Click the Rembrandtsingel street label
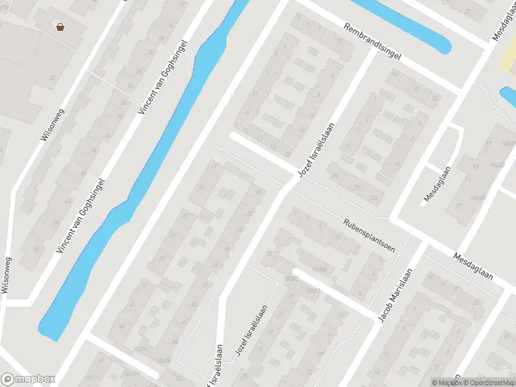[372, 42]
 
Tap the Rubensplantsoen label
[368, 232]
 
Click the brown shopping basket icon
[61, 27]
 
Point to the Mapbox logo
[28, 379]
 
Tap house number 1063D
[497, 166]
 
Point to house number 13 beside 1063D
[476, 166]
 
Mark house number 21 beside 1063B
[460, 206]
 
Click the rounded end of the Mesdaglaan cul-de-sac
[425, 202]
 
